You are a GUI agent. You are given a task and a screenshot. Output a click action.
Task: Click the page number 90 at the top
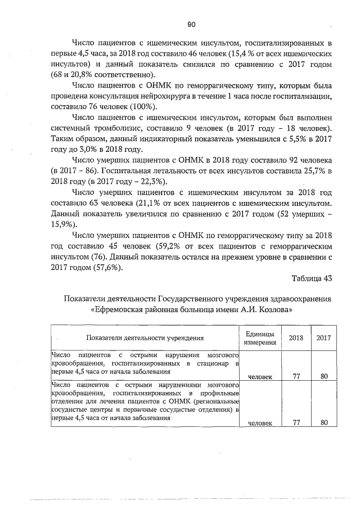click(191, 24)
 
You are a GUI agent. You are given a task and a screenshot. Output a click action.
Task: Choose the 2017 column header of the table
click(323, 337)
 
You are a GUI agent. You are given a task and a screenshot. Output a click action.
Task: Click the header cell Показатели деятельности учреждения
click(145, 337)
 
